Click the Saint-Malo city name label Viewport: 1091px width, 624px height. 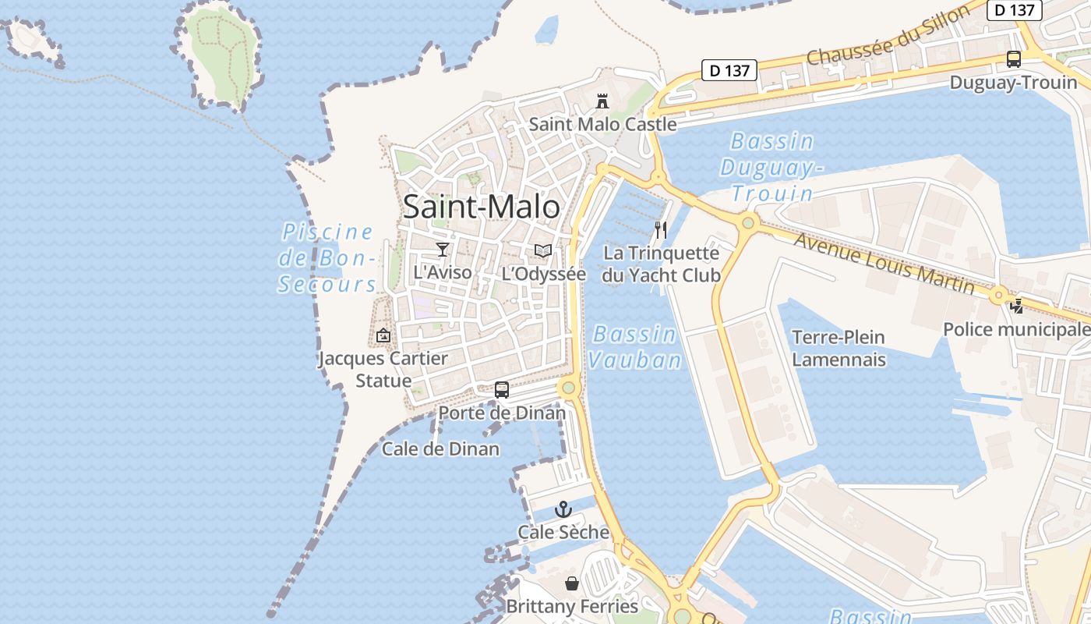click(x=481, y=207)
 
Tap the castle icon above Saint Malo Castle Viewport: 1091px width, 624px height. click(x=602, y=101)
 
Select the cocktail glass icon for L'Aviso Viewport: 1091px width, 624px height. click(x=443, y=250)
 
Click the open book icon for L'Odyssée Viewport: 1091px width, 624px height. click(x=543, y=251)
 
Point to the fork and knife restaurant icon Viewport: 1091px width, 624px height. click(x=661, y=229)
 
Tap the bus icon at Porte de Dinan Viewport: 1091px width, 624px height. click(x=502, y=389)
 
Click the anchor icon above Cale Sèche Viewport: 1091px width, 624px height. click(x=563, y=510)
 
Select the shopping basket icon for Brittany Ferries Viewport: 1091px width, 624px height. click(x=572, y=583)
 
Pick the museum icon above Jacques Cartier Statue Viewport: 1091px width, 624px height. click(x=383, y=335)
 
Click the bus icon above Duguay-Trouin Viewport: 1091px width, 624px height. click(x=1013, y=58)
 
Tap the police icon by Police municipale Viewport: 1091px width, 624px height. click(x=1016, y=306)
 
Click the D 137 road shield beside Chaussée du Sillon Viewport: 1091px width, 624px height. click(x=729, y=70)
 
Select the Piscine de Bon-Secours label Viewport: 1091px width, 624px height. click(x=327, y=257)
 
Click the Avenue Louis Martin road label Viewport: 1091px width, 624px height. click(x=884, y=263)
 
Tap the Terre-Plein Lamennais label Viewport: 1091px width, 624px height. click(x=839, y=348)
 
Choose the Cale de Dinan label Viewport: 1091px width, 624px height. click(x=440, y=448)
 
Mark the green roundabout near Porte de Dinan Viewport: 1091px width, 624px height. click(x=569, y=387)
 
